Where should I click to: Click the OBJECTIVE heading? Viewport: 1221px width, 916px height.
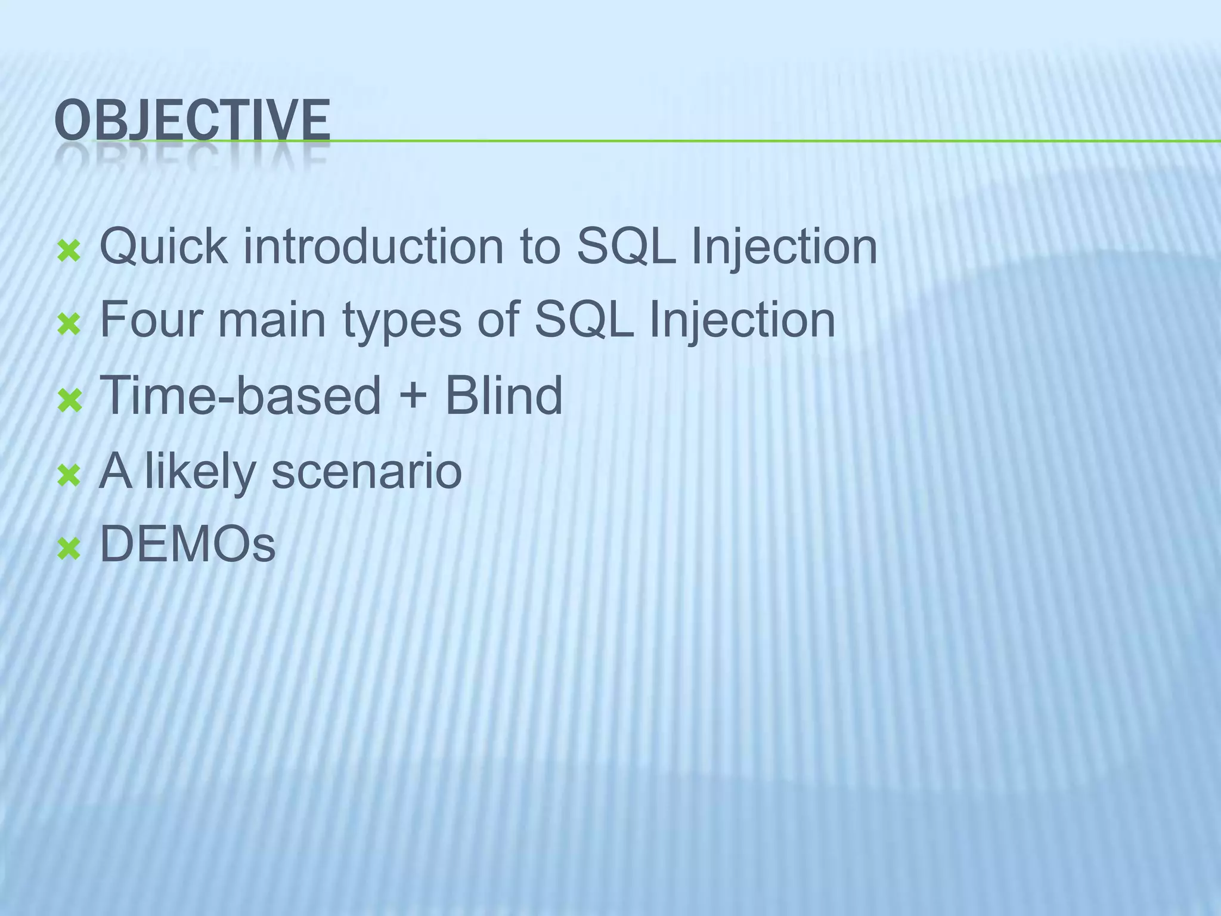click(x=192, y=120)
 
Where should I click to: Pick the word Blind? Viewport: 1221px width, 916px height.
click(x=503, y=395)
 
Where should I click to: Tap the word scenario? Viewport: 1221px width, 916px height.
click(x=366, y=471)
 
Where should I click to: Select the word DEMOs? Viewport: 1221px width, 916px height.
click(x=187, y=544)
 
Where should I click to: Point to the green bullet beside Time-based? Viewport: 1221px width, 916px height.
click(x=69, y=401)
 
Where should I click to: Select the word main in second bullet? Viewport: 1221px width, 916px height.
click(x=271, y=320)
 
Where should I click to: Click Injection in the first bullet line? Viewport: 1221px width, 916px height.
click(x=784, y=247)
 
